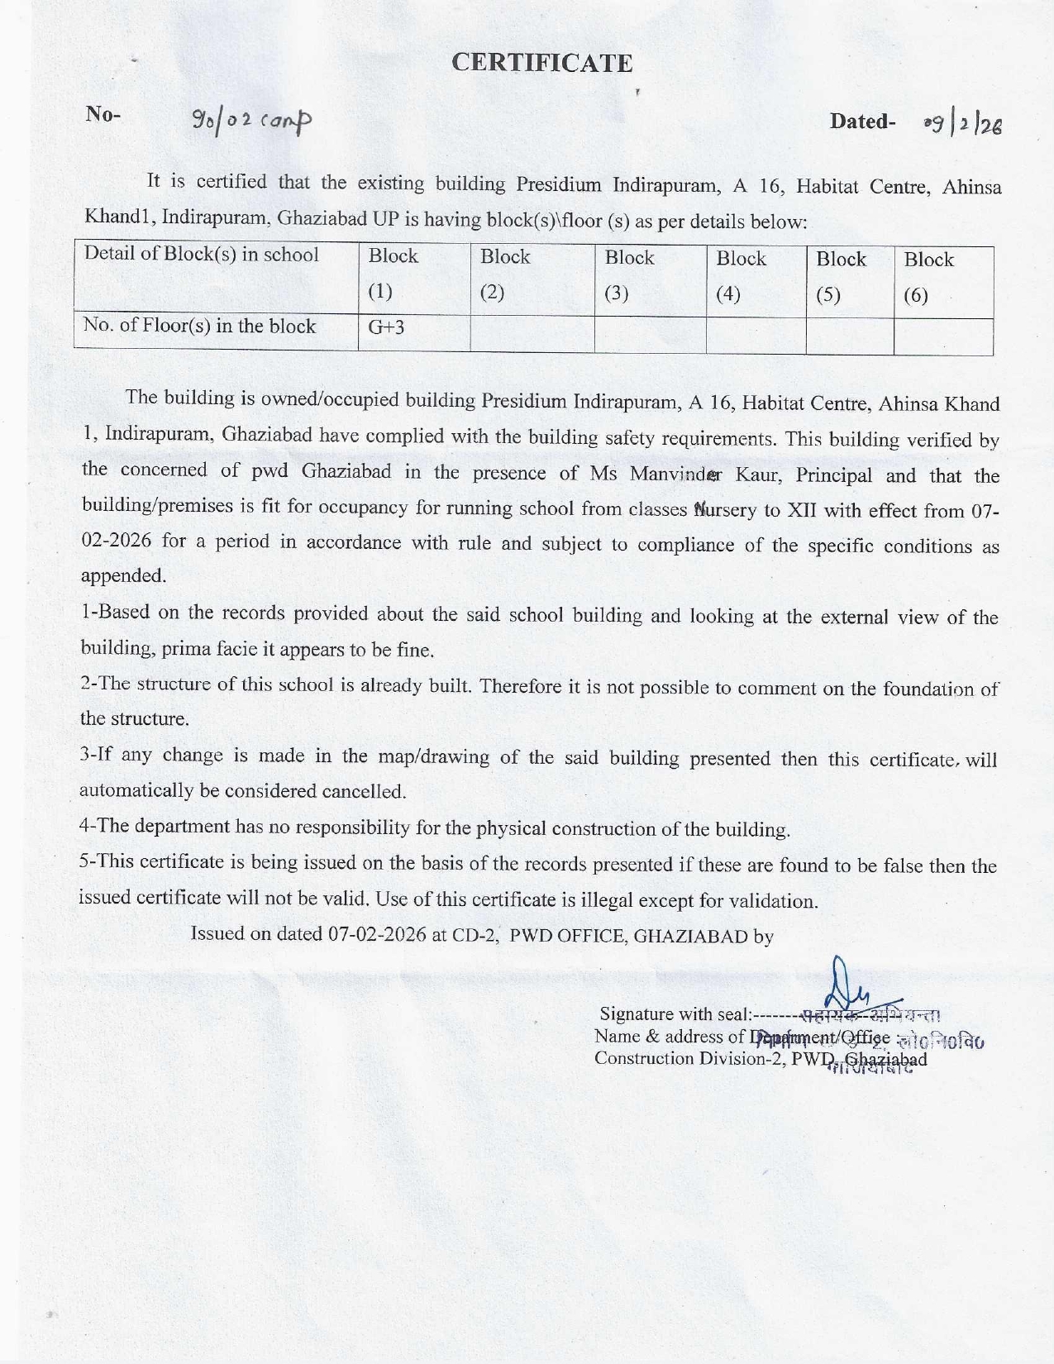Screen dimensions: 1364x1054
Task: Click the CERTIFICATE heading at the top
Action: pos(541,63)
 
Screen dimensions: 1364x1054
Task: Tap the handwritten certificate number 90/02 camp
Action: pos(251,122)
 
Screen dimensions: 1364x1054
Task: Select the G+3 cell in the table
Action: pos(386,327)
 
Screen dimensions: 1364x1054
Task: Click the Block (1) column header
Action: pos(393,274)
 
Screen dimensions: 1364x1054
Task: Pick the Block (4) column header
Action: pos(741,276)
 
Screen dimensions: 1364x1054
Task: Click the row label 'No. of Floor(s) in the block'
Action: pos(199,326)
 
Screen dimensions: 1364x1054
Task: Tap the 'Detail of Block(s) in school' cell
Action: pos(202,254)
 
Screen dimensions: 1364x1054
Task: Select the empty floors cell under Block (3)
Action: pos(650,334)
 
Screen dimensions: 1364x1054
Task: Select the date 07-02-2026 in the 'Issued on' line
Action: pos(377,934)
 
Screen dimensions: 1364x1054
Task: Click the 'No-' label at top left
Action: pos(103,114)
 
